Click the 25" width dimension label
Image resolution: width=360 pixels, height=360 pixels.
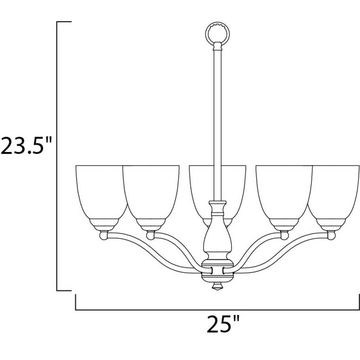point(223,324)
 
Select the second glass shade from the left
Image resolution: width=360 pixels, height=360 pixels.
point(151,197)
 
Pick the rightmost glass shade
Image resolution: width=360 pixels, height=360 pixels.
point(334,197)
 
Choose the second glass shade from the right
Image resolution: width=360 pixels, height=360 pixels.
point(284,197)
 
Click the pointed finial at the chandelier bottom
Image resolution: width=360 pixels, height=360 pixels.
point(217,287)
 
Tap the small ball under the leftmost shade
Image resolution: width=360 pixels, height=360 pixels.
point(104,235)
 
